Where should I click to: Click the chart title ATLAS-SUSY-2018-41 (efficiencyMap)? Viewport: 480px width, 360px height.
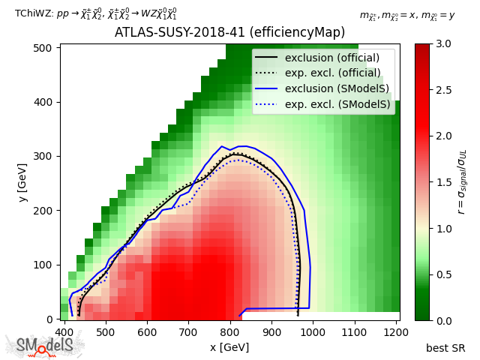[x=229, y=33]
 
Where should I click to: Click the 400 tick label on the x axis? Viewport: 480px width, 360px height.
[x=64, y=331]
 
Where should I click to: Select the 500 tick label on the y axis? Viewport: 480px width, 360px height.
[x=46, y=48]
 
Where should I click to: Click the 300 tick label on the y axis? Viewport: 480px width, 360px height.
[x=46, y=156]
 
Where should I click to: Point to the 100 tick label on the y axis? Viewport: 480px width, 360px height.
[x=46, y=265]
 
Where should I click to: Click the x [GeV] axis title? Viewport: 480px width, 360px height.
[x=229, y=347]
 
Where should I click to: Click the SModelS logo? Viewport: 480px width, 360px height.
[x=45, y=346]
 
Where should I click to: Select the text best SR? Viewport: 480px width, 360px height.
[x=445, y=348]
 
